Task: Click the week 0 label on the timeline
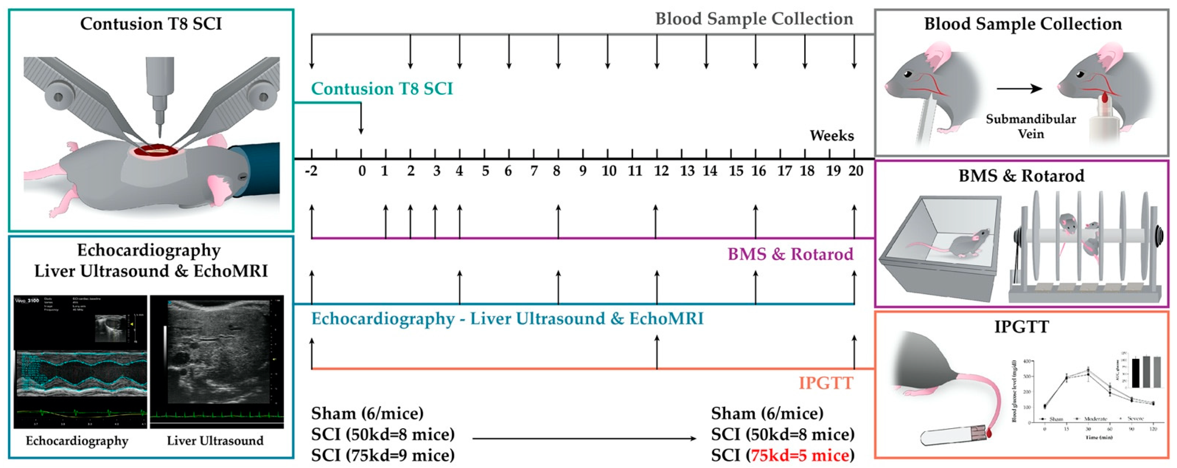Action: [x=362, y=172]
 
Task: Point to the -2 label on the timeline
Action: [x=311, y=172]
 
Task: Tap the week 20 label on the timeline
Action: [x=855, y=172]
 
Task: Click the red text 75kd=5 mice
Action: [x=800, y=455]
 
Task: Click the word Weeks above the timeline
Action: [x=832, y=136]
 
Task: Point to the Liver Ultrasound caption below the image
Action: [x=215, y=441]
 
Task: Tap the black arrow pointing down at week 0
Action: [x=361, y=119]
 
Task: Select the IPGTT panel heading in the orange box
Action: [x=1021, y=327]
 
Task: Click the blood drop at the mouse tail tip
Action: [x=988, y=432]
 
